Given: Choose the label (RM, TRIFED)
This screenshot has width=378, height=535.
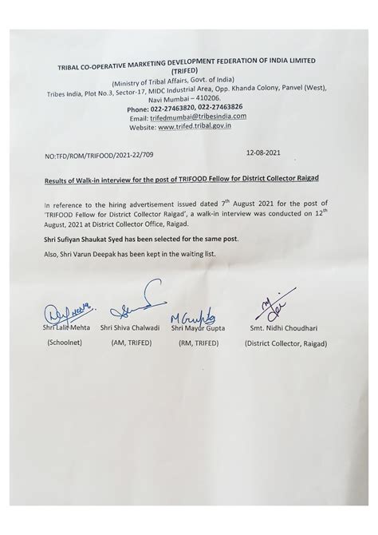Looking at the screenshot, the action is click(198, 342).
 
